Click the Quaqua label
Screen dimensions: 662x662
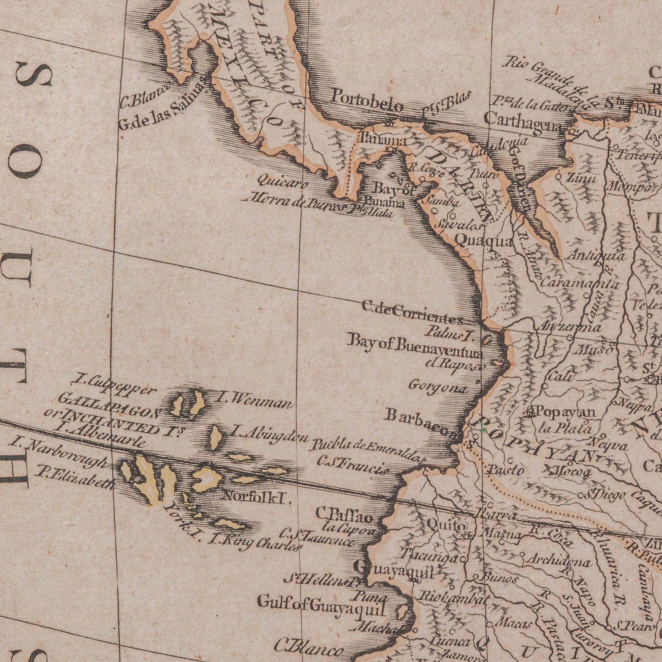pyautogui.click(x=484, y=241)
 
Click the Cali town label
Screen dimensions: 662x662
pyautogui.click(x=562, y=377)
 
